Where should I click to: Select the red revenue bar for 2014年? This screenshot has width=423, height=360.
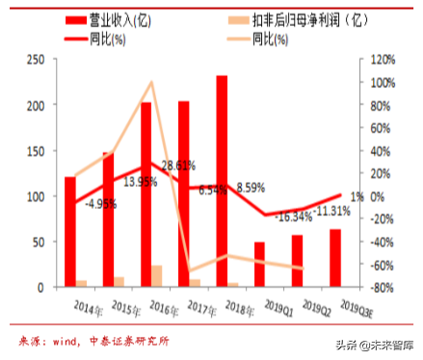(x=70, y=231)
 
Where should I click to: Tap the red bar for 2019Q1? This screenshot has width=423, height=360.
(x=259, y=265)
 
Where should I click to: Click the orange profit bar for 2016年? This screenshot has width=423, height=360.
(x=157, y=276)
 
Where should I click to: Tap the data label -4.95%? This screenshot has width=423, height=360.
(x=102, y=203)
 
